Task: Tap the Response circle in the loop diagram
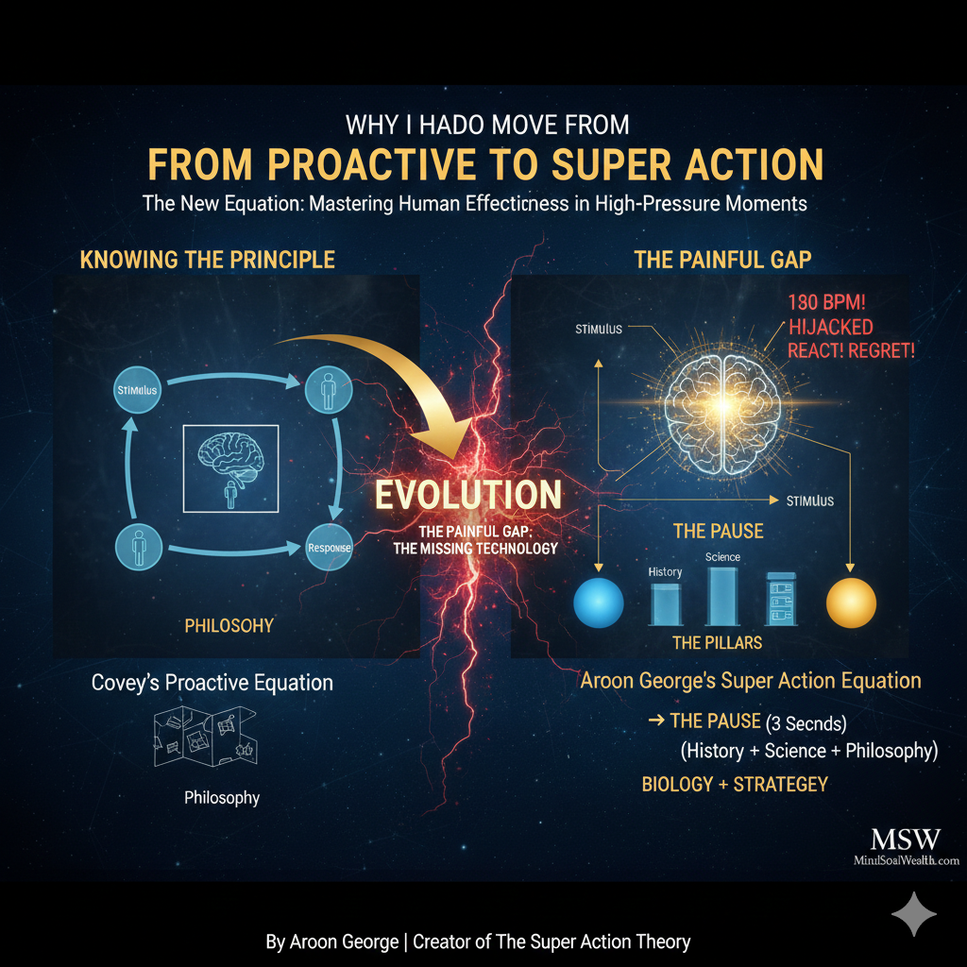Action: point(329,548)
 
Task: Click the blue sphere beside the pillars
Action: point(599,602)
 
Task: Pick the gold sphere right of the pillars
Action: point(851,602)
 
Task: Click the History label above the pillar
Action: point(665,572)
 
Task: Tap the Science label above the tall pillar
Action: point(722,557)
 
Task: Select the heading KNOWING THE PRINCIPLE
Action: point(208,260)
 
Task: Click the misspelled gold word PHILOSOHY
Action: point(229,625)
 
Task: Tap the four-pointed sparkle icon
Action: point(914,913)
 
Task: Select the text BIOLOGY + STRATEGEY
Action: point(735,784)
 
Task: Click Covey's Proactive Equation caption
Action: point(212,682)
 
